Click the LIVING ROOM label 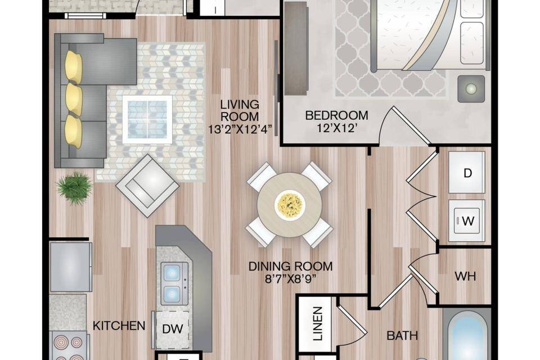point(240,110)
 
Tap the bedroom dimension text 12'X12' point(336,128)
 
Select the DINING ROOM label point(291,266)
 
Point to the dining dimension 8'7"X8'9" point(291,279)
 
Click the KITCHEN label point(119,326)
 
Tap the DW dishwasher point(172,329)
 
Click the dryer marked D point(467,172)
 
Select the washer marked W point(467,220)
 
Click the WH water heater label point(465,276)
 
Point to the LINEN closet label point(317,323)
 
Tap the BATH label point(402,335)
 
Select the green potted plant point(75,188)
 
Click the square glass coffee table point(147,120)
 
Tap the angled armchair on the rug point(147,186)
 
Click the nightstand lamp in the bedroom point(471,88)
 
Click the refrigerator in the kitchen point(71,267)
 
